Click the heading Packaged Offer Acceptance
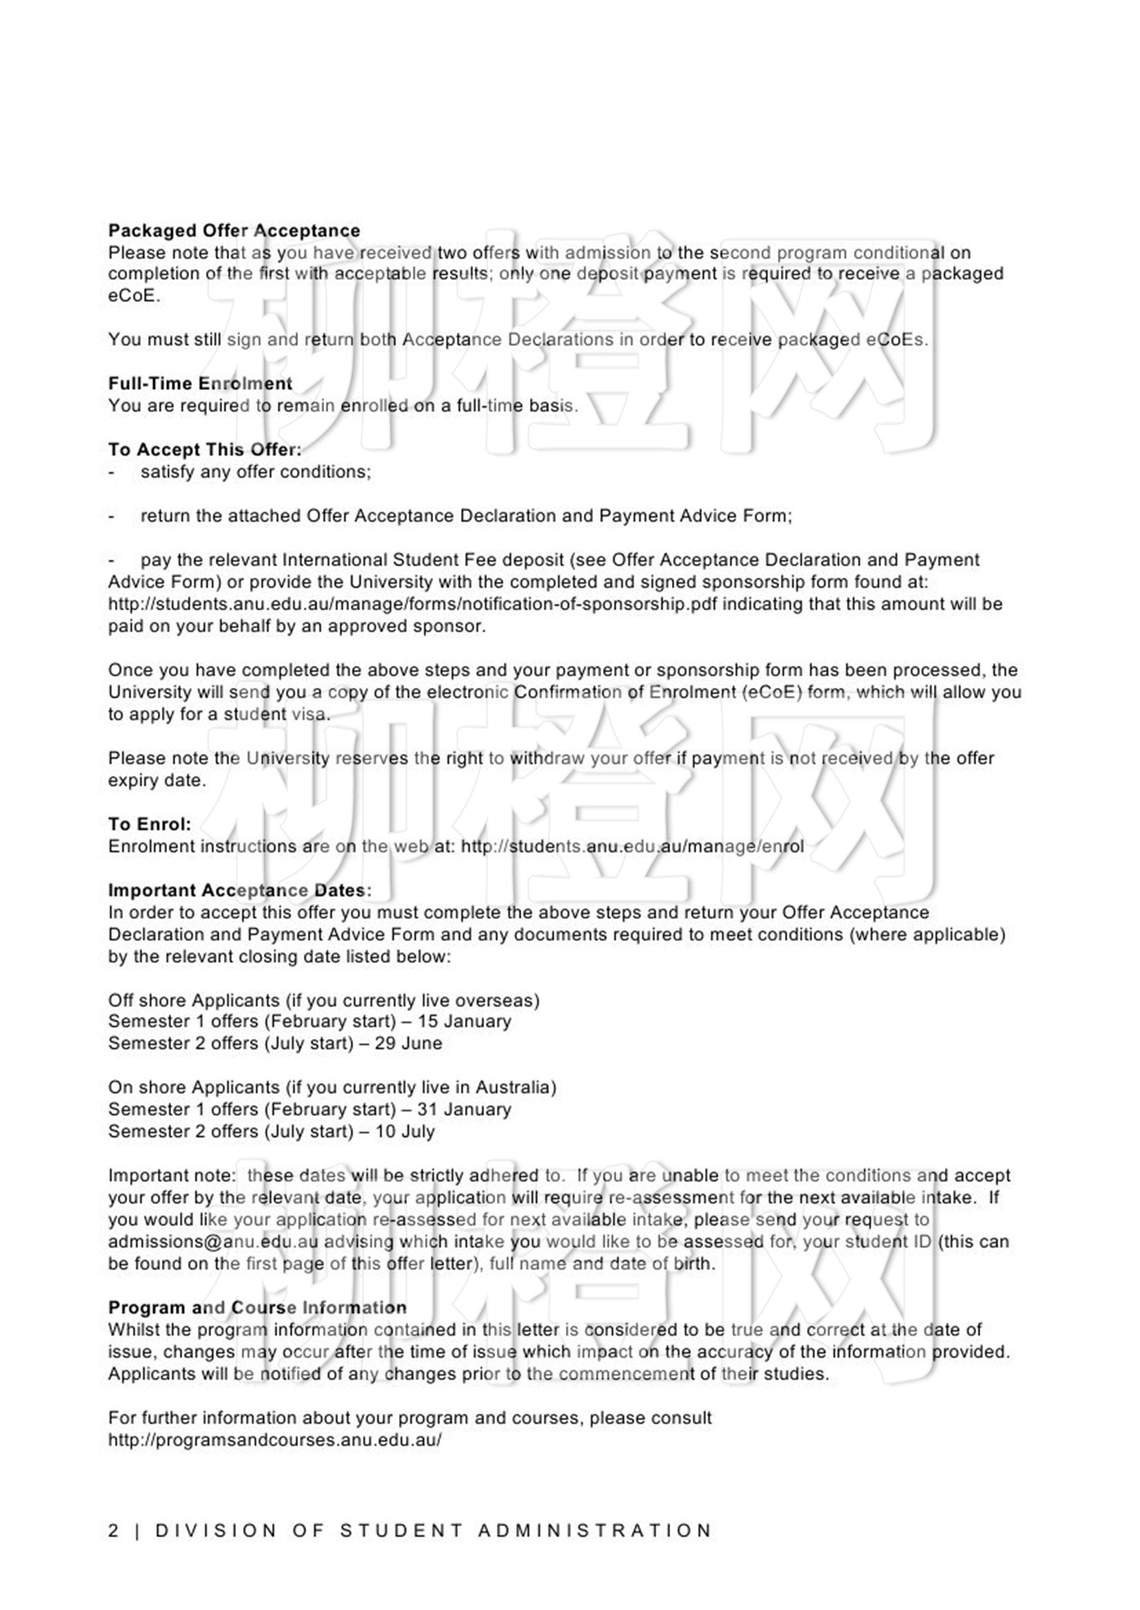234,230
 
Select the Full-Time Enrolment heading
199,383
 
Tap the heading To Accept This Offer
204,449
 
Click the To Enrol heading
150,824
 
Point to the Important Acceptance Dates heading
239,890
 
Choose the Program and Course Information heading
257,1307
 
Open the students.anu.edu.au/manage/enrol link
632,847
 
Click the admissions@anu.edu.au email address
213,1242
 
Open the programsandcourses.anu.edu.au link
274,1439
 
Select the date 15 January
464,1022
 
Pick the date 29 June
409,1043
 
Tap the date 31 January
464,1109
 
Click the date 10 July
405,1131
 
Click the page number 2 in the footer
113,1530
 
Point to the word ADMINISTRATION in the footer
594,1530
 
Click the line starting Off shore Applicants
323,1000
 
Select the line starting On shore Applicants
331,1087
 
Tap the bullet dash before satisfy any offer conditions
112,472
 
